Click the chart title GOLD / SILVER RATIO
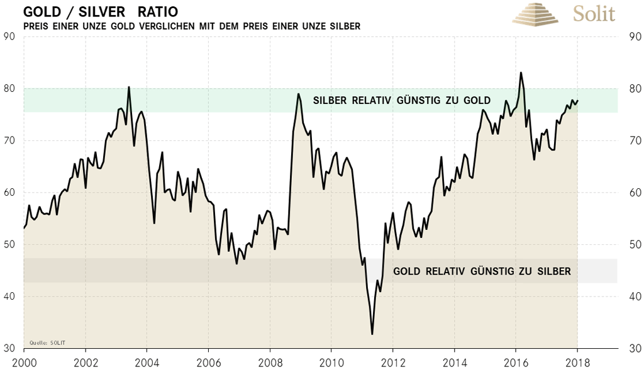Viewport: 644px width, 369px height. [x=101, y=13]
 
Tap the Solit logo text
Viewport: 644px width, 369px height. [x=594, y=13]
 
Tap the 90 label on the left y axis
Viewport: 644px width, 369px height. [x=9, y=37]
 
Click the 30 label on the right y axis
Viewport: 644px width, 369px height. [x=635, y=348]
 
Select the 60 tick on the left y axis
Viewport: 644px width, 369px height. [x=9, y=193]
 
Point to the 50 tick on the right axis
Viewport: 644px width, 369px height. [x=635, y=244]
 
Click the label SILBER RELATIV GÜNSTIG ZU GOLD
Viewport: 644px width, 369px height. [x=401, y=101]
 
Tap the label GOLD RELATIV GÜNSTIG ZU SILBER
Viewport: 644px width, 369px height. [x=482, y=271]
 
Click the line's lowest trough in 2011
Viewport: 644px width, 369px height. [x=372, y=334]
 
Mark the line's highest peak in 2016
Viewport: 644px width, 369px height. [x=521, y=72]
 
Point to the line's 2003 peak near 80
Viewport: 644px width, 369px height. [x=129, y=87]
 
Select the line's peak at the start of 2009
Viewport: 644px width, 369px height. [x=299, y=94]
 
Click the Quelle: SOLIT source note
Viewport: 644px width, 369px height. [x=47, y=343]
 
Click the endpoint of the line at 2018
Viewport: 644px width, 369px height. [x=578, y=100]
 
